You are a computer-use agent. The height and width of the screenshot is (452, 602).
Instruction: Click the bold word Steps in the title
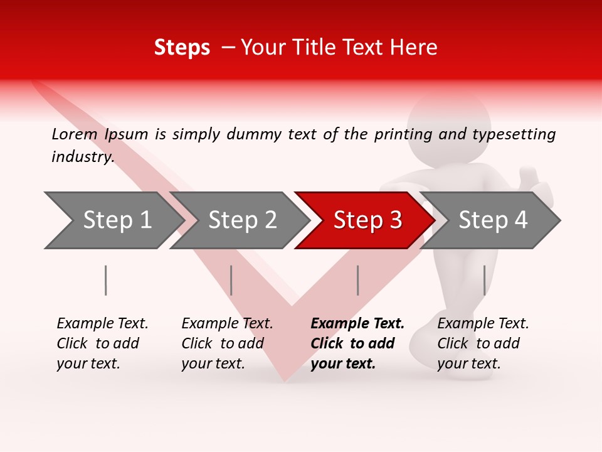182,48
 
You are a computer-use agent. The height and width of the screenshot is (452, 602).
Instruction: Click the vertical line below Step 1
106,280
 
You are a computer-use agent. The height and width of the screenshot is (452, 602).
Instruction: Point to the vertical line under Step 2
231,280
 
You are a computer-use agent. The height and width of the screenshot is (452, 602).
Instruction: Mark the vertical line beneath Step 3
357,280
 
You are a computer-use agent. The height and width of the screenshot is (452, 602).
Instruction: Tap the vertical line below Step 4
484,280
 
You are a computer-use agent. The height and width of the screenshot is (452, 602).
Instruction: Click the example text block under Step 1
102,343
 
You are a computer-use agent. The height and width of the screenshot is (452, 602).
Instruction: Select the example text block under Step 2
227,343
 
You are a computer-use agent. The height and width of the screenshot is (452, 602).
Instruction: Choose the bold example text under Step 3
357,343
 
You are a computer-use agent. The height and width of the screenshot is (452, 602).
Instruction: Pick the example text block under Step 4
483,343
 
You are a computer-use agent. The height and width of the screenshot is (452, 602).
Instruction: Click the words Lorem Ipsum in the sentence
100,134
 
